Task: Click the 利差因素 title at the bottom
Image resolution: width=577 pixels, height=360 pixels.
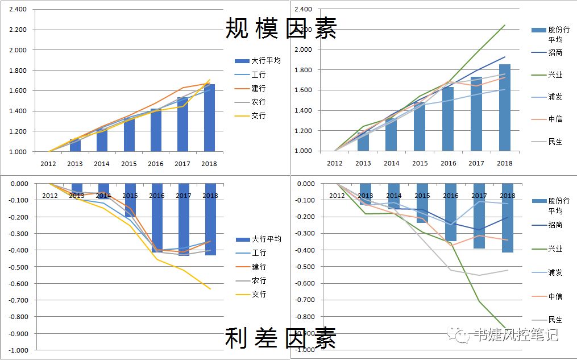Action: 281,338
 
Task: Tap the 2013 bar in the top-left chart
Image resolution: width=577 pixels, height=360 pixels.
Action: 75,145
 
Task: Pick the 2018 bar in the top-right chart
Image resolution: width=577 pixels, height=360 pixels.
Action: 505,107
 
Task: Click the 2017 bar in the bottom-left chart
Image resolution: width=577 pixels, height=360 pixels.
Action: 184,220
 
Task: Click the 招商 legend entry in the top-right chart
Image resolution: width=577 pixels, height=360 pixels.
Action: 555,53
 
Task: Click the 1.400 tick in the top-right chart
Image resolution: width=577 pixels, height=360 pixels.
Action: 304,110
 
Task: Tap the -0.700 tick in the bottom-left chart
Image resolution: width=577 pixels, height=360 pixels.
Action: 19,300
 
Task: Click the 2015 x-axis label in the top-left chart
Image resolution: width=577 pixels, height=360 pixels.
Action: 128,164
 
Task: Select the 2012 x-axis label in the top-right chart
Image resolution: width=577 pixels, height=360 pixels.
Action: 335,163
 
